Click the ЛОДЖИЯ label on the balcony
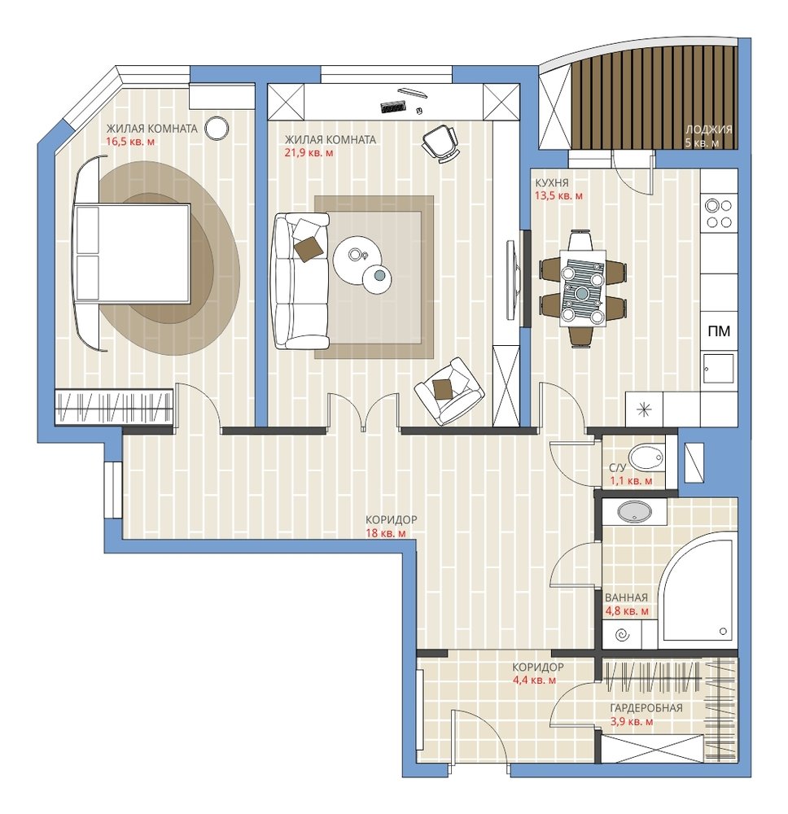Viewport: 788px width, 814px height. click(708, 129)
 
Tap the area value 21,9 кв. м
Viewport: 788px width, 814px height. click(309, 153)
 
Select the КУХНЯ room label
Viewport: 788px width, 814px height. click(552, 182)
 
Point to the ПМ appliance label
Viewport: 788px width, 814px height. click(719, 330)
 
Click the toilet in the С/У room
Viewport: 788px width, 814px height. click(646, 457)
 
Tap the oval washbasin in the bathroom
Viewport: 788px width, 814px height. click(634, 512)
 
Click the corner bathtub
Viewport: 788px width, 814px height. click(698, 590)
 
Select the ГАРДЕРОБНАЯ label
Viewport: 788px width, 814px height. click(646, 708)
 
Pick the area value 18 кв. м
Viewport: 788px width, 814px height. click(386, 533)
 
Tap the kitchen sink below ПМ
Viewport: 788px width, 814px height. click(719, 368)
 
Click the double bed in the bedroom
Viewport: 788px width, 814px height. click(133, 252)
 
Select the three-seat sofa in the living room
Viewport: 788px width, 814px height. click(301, 281)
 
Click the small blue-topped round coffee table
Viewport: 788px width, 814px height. click(378, 278)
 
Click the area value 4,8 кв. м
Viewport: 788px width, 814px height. click(627, 611)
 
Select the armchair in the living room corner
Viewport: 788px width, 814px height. click(449, 391)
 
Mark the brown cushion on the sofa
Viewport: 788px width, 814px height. click(309, 248)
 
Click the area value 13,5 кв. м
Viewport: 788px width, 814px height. click(558, 196)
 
